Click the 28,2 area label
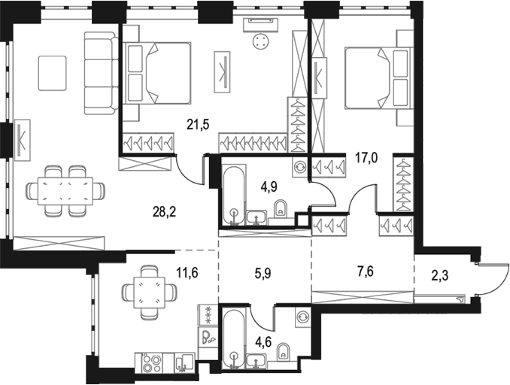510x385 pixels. point(164,212)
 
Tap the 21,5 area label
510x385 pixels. point(197,124)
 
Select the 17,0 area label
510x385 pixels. point(366,159)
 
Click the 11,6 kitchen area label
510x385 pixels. point(187,272)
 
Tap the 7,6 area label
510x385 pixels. point(365,271)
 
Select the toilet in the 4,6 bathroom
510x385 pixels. point(284,352)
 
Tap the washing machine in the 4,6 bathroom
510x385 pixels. point(303,317)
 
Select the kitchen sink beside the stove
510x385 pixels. point(185,362)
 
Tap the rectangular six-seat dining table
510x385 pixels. point(65,191)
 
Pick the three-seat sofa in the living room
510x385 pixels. point(101,73)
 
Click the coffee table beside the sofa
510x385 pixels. point(53,73)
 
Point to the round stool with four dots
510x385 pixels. point(260,41)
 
